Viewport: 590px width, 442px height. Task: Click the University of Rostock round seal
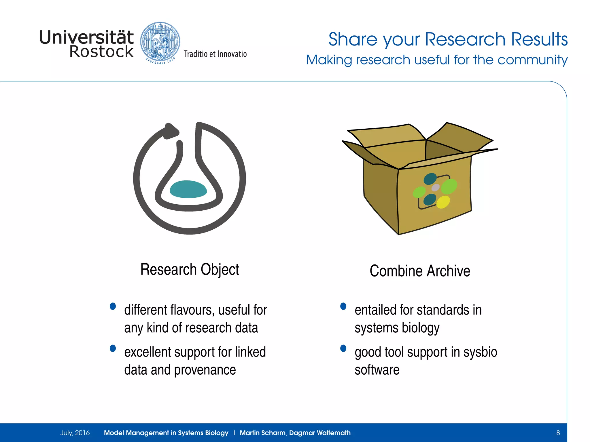(x=160, y=42)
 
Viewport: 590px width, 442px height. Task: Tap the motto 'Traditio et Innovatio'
(x=215, y=54)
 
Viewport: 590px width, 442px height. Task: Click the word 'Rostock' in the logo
(x=101, y=52)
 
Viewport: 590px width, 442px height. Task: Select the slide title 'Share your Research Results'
(x=448, y=39)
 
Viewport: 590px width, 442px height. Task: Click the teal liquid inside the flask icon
(x=188, y=189)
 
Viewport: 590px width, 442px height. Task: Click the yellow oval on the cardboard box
(x=443, y=202)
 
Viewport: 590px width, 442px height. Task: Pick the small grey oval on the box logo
(x=436, y=188)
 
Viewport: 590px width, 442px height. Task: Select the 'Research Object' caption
(x=190, y=270)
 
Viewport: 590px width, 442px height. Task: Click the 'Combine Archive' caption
(x=420, y=271)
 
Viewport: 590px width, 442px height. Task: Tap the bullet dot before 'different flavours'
(x=113, y=306)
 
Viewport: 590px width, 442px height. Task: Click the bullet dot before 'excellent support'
(x=113, y=348)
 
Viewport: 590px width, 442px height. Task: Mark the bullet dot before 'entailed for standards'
(x=343, y=306)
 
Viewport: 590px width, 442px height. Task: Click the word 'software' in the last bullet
(x=377, y=370)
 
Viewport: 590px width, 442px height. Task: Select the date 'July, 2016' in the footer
(x=75, y=433)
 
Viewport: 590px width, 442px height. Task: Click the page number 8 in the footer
(x=558, y=433)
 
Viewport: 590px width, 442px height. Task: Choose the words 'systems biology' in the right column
(x=397, y=328)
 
